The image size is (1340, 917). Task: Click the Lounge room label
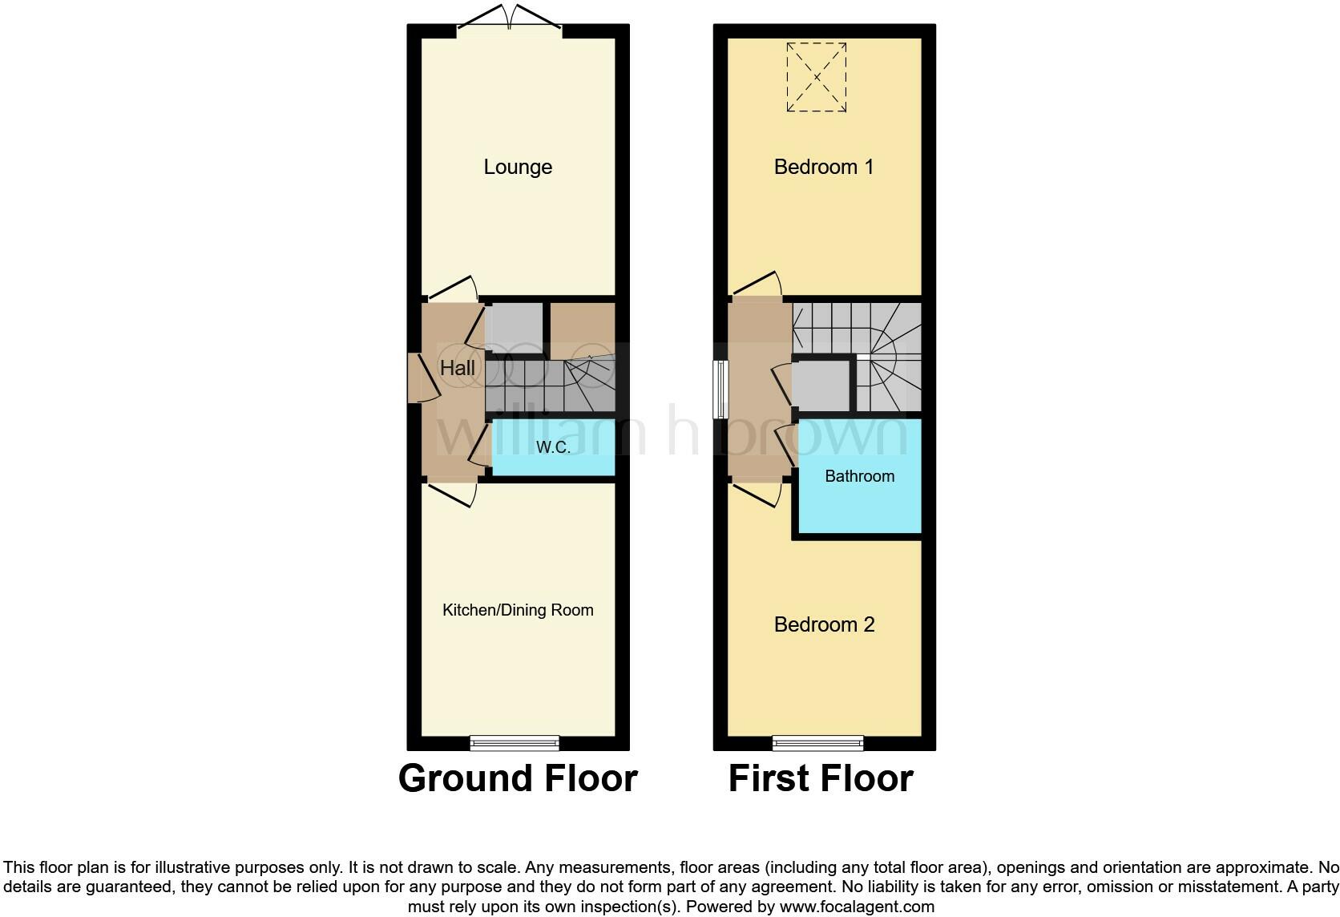(518, 167)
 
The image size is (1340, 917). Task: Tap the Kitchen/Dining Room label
(518, 610)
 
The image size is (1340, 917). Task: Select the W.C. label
(553, 447)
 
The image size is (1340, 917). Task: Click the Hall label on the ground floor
(458, 368)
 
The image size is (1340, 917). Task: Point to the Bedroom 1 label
(824, 167)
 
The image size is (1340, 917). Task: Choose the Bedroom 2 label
(824, 624)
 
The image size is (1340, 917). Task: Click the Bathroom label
(859, 476)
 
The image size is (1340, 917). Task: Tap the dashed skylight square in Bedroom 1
(817, 77)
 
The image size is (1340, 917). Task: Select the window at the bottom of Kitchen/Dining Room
(514, 743)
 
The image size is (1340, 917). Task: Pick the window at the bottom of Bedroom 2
(817, 743)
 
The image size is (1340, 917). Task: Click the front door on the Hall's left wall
(419, 378)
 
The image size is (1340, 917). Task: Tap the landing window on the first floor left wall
(722, 390)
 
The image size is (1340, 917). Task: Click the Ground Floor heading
(518, 778)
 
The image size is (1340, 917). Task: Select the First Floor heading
(821, 778)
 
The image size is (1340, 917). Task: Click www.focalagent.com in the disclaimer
(856, 907)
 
